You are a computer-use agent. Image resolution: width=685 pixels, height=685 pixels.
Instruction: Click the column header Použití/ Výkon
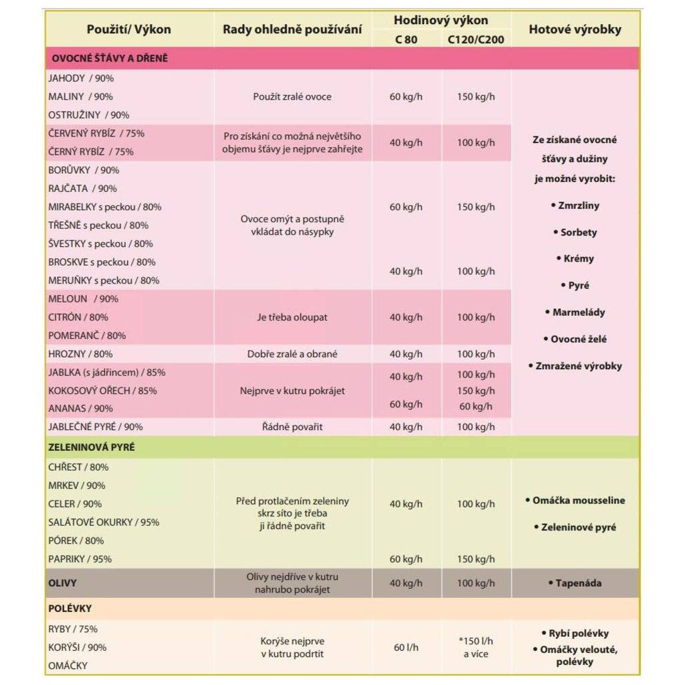(128, 29)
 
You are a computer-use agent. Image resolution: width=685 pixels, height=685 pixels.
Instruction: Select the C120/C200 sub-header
(476, 39)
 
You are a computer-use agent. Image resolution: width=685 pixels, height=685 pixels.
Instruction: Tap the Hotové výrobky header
(575, 29)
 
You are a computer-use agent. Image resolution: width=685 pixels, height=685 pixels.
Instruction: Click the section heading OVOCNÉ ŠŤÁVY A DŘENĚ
(110, 58)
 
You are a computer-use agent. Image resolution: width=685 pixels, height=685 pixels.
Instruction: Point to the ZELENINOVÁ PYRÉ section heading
(92, 447)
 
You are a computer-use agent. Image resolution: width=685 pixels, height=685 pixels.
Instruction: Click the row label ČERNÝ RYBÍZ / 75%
(91, 152)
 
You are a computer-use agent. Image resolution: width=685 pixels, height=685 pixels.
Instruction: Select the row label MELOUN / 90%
(83, 299)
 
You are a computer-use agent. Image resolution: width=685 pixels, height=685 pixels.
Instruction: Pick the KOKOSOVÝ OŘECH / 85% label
(102, 391)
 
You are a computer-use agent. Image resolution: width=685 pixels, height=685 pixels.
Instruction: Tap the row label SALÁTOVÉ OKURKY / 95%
(104, 522)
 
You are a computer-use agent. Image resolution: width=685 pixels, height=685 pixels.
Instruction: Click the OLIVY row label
(62, 583)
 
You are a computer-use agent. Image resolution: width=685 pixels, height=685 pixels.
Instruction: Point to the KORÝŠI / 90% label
(77, 648)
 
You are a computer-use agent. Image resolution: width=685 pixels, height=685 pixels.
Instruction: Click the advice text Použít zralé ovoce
(292, 97)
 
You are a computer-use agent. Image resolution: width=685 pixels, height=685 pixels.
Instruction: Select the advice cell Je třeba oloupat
(292, 317)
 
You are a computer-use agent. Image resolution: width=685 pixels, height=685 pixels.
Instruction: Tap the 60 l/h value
(406, 648)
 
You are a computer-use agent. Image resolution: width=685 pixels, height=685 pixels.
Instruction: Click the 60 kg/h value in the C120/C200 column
(476, 406)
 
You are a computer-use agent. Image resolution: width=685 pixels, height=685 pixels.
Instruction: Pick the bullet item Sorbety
(575, 233)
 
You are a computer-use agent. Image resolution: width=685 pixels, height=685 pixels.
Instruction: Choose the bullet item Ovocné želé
(575, 339)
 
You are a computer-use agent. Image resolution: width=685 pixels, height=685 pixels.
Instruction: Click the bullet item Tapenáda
(575, 583)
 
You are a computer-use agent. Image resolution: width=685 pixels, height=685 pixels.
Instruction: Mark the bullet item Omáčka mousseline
(575, 500)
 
